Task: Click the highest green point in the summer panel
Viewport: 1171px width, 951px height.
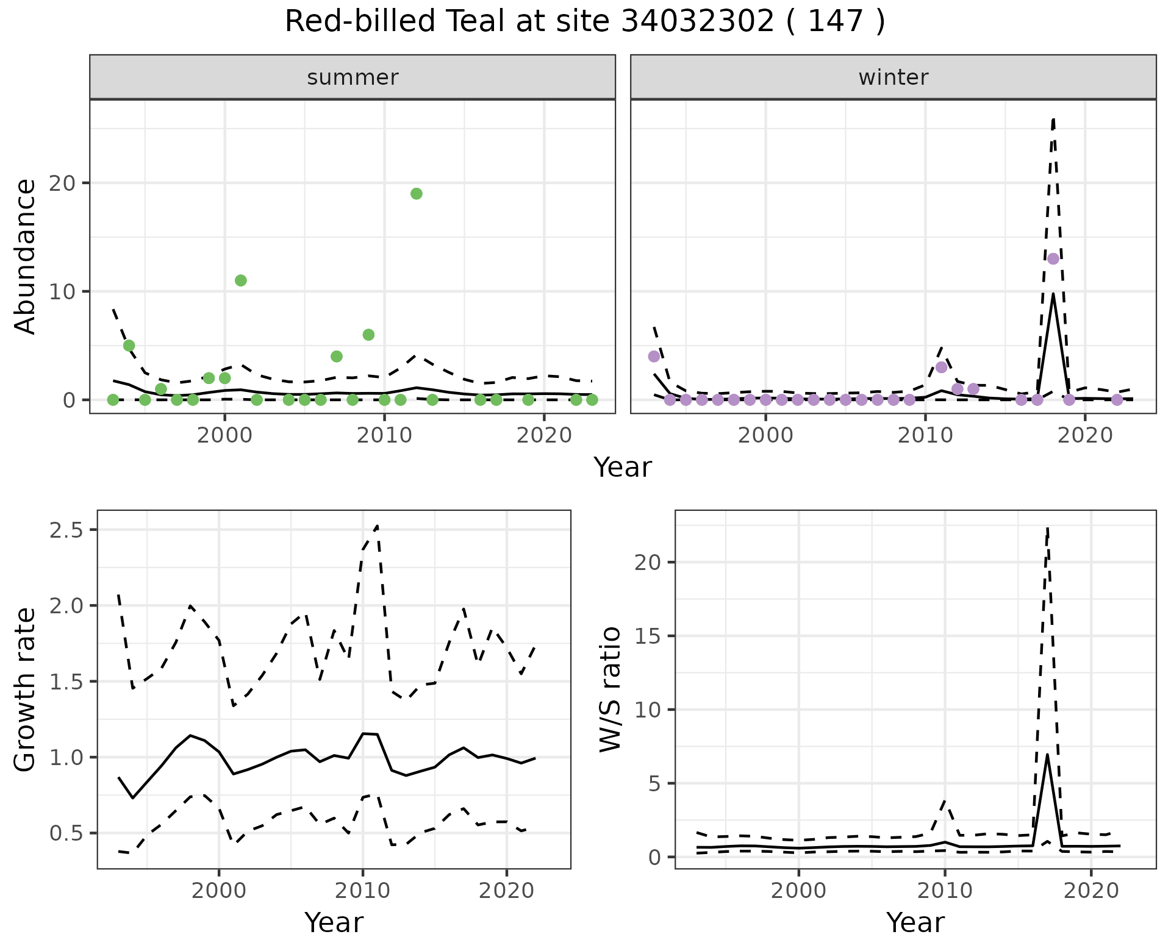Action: click(417, 194)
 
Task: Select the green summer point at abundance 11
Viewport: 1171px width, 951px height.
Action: click(241, 280)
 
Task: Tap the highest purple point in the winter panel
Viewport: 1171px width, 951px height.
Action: click(1053, 258)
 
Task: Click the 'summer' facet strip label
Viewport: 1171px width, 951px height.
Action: click(353, 77)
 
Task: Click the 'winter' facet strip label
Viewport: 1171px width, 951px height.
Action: click(893, 77)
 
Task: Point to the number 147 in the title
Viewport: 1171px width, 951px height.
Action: click(836, 22)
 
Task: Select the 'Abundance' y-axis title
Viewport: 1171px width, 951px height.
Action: click(26, 257)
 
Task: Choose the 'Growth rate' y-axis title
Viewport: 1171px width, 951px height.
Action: click(26, 690)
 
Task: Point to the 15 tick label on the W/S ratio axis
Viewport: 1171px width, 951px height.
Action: click(648, 636)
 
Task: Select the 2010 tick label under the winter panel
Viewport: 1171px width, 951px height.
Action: click(925, 435)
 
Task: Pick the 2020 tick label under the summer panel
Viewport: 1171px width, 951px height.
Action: click(544, 435)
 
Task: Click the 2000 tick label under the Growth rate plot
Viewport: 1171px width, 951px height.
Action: click(219, 891)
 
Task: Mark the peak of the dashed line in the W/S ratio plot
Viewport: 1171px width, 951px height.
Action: click(1047, 529)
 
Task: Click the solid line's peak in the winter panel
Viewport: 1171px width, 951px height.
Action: click(1053, 294)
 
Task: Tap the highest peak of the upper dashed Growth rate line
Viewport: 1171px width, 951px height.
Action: click(378, 525)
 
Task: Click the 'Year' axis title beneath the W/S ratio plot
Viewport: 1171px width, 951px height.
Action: click(915, 923)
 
